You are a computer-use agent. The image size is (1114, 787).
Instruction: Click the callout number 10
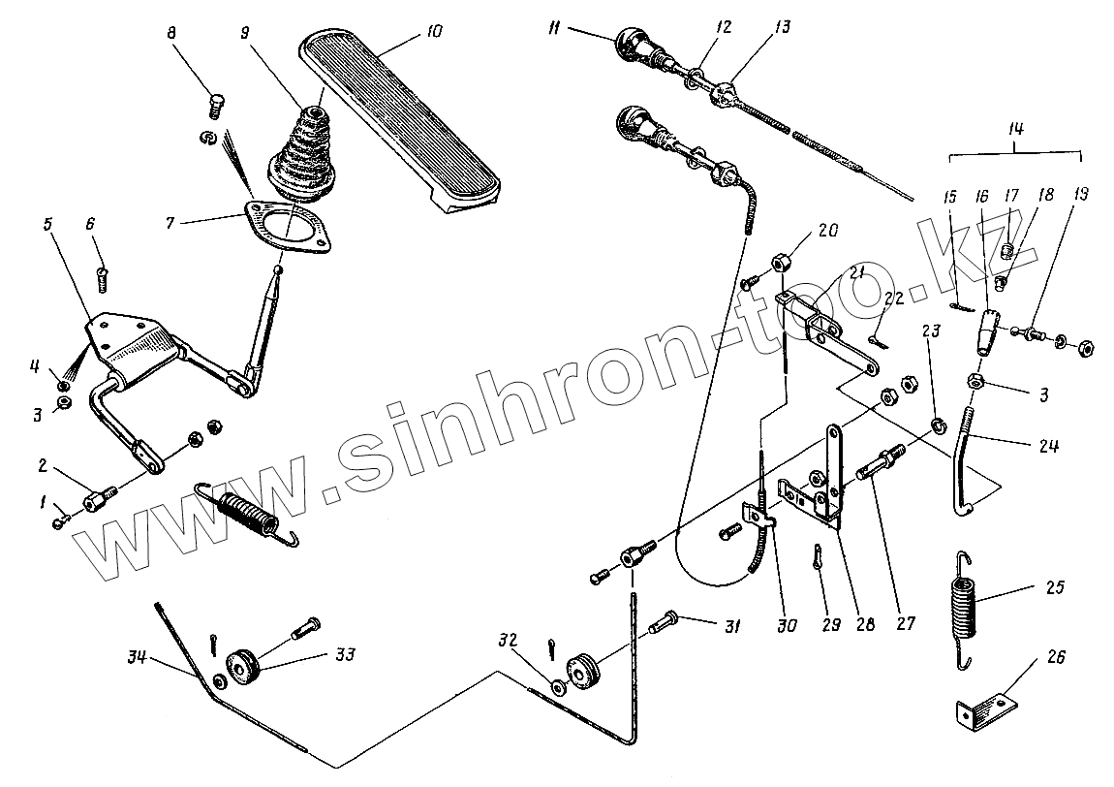(x=432, y=33)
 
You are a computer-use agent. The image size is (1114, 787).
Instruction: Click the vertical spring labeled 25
(x=963, y=609)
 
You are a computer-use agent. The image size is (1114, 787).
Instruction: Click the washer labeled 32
(x=560, y=687)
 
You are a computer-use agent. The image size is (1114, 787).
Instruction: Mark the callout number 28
(x=864, y=625)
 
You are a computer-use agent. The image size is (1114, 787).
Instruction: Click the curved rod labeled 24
(x=969, y=465)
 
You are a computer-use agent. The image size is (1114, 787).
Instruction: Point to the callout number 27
(x=906, y=626)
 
